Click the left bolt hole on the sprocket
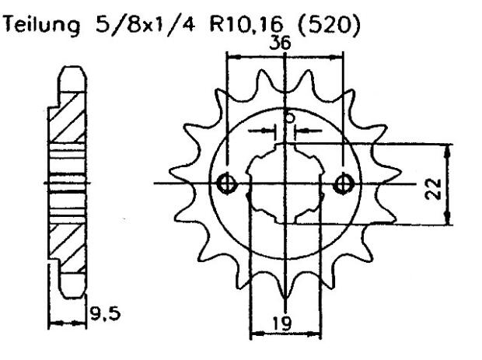coord(227,183)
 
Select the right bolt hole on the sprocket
coord(344,183)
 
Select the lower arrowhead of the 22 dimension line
coord(449,221)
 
